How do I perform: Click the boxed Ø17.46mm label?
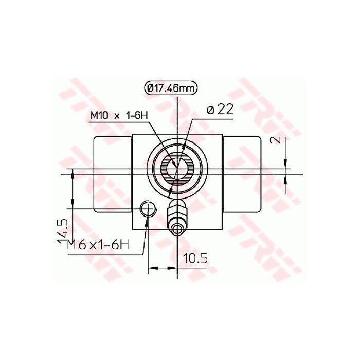pyautogui.click(x=170, y=88)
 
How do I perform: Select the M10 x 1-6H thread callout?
pyautogui.click(x=119, y=116)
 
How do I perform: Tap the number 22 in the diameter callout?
pyautogui.click(x=225, y=109)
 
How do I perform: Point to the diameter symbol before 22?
pyautogui.click(x=210, y=110)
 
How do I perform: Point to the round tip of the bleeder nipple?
pyautogui.click(x=177, y=228)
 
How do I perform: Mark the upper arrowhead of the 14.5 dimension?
pyautogui.click(x=73, y=177)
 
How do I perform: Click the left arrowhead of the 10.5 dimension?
pyautogui.click(x=152, y=267)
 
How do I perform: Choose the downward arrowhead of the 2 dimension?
pyautogui.click(x=286, y=164)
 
